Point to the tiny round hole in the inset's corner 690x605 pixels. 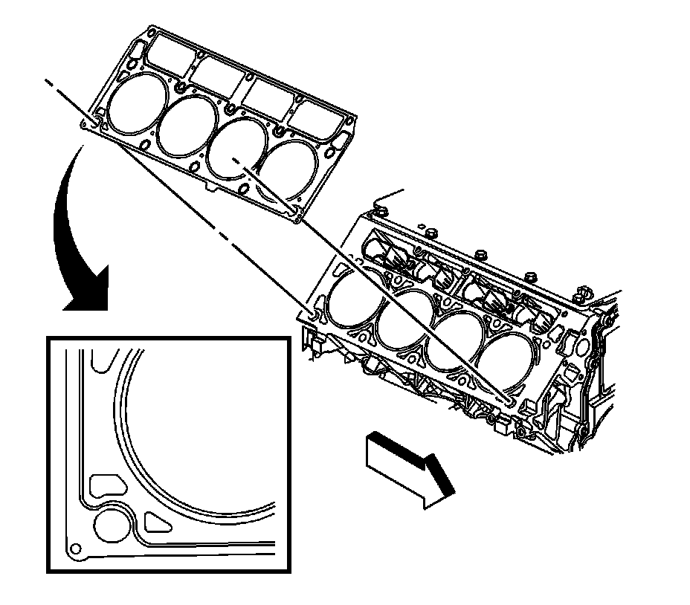click(73, 549)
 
